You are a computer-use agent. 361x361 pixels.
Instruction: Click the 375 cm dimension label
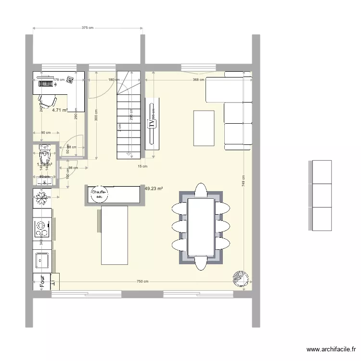click(x=87, y=28)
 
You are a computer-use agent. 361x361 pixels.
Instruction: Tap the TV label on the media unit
click(x=152, y=123)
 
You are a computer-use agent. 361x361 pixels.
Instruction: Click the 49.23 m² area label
click(x=153, y=189)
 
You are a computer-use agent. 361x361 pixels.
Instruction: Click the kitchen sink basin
click(x=41, y=260)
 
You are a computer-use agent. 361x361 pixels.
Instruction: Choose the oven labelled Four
click(x=42, y=282)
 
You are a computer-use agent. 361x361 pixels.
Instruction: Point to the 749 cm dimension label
click(x=245, y=180)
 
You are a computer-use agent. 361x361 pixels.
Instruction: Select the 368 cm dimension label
click(x=198, y=80)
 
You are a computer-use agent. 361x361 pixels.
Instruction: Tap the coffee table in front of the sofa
click(x=204, y=128)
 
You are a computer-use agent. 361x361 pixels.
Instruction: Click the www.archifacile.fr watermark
click(x=331, y=350)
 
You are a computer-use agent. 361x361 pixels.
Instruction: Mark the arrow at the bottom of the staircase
click(x=129, y=154)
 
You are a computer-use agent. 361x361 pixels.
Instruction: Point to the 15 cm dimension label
click(x=142, y=167)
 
